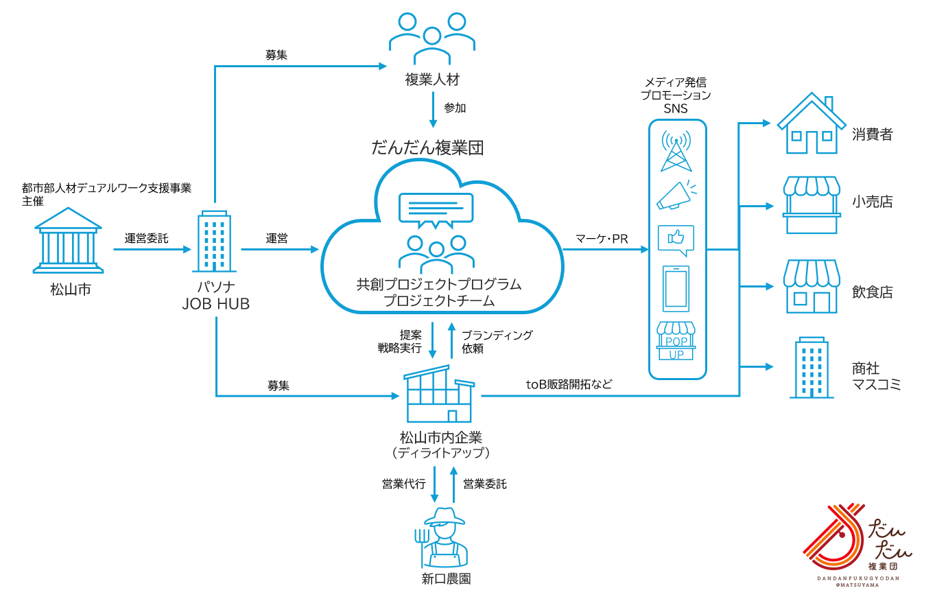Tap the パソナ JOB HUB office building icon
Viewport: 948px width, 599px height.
215,242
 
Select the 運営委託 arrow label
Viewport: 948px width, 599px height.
146,238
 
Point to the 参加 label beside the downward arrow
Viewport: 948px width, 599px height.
455,108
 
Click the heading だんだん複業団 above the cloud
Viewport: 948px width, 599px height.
427,148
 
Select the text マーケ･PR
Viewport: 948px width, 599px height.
602,239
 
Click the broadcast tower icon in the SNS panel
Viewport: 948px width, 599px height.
676,151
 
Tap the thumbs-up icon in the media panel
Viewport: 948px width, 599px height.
676,239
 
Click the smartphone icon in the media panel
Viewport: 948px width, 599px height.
676,289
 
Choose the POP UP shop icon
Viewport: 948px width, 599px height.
676,341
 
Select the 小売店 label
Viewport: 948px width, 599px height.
873,202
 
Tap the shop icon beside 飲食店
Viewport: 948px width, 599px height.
812,287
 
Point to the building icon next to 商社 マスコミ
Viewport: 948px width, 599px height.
812,368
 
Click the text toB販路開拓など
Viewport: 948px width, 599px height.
569,384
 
